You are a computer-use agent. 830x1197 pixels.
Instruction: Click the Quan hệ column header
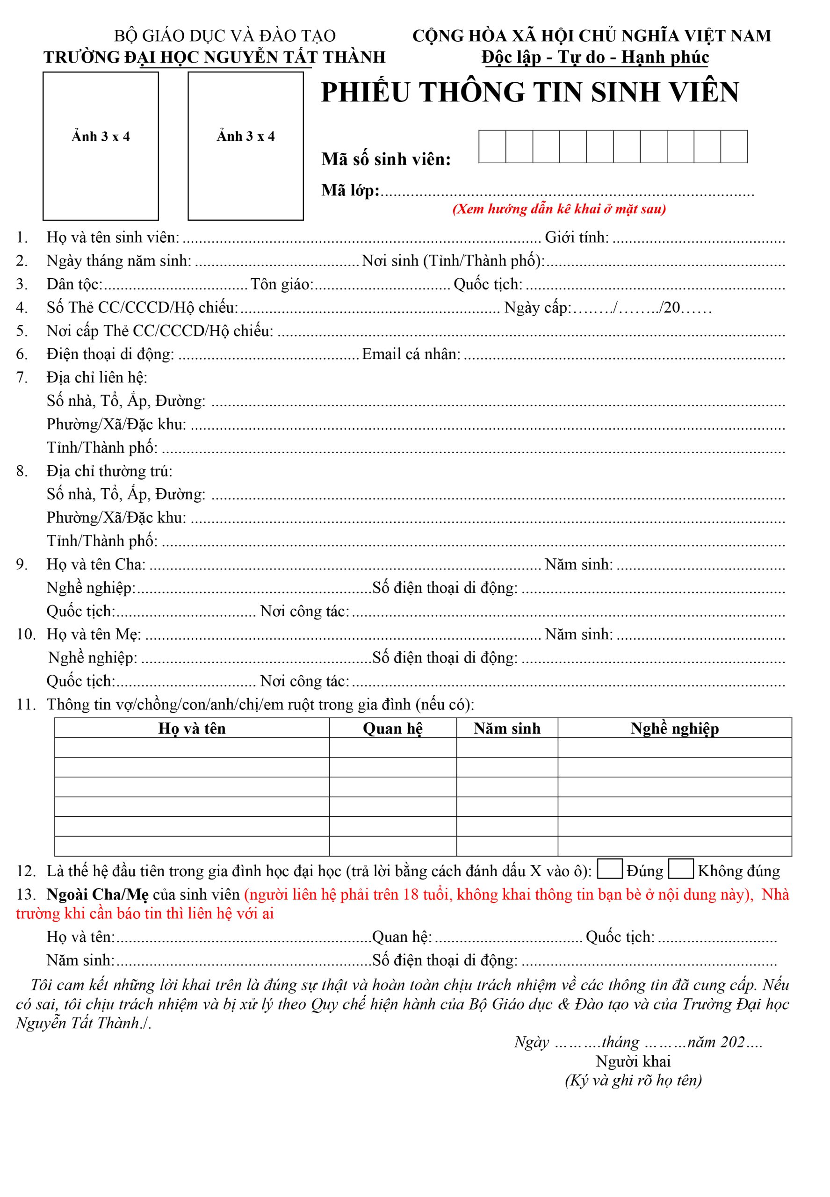(x=393, y=728)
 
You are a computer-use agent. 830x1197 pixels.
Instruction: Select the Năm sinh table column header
(x=507, y=728)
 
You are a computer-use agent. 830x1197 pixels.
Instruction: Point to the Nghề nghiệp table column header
(x=674, y=728)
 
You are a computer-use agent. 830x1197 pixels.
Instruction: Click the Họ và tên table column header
(x=192, y=728)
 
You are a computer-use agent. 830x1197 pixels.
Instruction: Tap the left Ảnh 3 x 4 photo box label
(x=101, y=137)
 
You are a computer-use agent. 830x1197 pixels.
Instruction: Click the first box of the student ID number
(x=492, y=147)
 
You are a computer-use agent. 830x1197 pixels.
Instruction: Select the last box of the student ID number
(x=734, y=147)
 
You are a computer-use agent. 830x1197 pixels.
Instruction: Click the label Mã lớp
(x=350, y=191)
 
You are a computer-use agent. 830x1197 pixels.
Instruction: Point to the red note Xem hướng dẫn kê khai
(x=559, y=209)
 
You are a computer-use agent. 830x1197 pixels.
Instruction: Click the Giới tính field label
(x=577, y=238)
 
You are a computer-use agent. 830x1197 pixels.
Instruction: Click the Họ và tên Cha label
(x=96, y=564)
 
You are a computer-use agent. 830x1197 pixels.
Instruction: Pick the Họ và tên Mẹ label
(x=94, y=635)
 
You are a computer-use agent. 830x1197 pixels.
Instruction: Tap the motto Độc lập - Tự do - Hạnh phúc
(x=595, y=57)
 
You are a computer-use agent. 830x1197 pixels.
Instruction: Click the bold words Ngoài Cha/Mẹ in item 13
(x=97, y=894)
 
